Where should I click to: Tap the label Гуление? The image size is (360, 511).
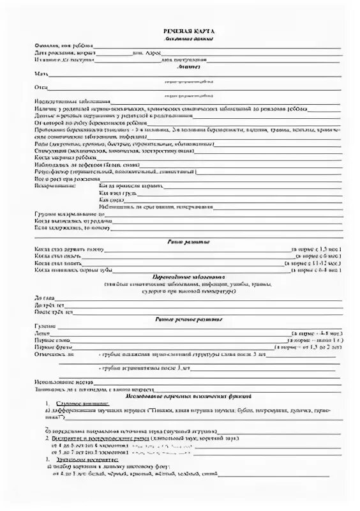pos(44,326)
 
